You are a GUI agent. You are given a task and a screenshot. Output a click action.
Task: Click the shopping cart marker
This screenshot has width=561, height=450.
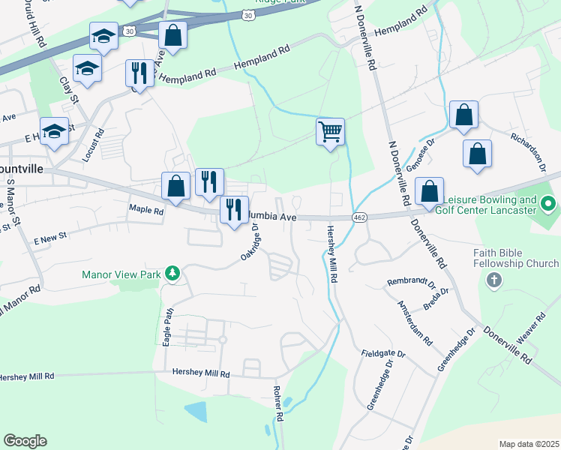(330, 132)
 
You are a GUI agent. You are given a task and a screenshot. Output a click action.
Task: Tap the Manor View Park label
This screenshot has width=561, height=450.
(121, 274)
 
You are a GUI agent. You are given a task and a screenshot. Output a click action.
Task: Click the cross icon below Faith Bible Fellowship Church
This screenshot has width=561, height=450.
(493, 280)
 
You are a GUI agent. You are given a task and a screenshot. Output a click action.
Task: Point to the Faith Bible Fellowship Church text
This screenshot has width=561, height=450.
(515, 258)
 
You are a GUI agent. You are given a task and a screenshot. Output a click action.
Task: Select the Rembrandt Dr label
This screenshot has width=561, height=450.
(411, 283)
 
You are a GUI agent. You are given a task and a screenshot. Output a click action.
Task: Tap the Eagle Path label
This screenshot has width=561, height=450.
(169, 322)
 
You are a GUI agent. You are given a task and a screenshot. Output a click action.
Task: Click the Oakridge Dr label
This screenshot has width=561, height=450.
(250, 242)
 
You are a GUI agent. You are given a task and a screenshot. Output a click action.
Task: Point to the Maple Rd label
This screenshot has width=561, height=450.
(146, 211)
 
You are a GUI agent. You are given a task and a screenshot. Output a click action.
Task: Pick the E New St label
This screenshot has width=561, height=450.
(50, 238)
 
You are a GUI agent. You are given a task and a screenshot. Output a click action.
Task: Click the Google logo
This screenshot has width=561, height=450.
(25, 441)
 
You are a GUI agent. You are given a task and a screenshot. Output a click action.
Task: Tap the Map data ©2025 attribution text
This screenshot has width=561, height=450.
(529, 444)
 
